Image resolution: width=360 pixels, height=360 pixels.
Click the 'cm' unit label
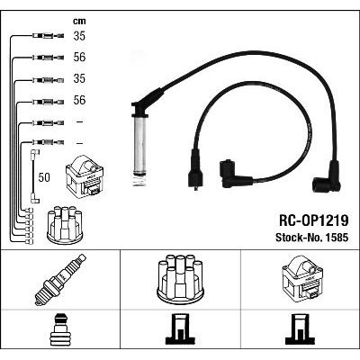[79, 22]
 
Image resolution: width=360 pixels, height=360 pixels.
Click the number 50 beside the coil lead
[44, 177]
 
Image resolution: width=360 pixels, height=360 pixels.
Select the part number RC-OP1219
[314, 221]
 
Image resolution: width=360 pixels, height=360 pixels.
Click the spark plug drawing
[60, 279]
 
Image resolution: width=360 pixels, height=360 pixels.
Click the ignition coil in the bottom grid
[302, 278]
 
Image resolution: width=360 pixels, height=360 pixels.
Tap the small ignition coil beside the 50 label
[85, 175]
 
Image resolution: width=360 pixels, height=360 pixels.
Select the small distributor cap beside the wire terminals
[65, 225]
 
